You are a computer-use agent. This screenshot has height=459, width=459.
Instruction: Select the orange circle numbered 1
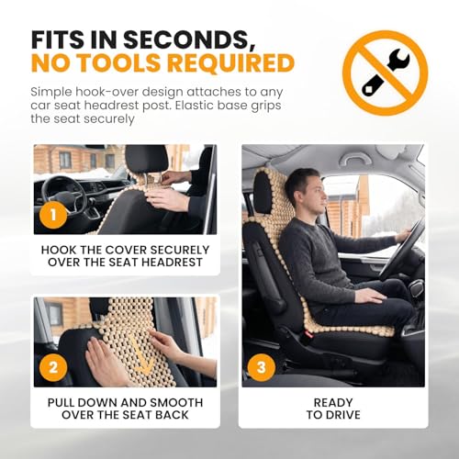tap(53, 215)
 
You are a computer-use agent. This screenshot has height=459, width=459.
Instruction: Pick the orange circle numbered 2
tap(53, 367)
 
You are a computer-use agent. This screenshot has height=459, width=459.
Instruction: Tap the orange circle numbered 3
tap(262, 367)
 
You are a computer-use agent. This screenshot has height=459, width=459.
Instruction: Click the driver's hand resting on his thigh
tap(370, 296)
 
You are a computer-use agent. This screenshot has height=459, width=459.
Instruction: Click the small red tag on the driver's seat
tap(309, 335)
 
